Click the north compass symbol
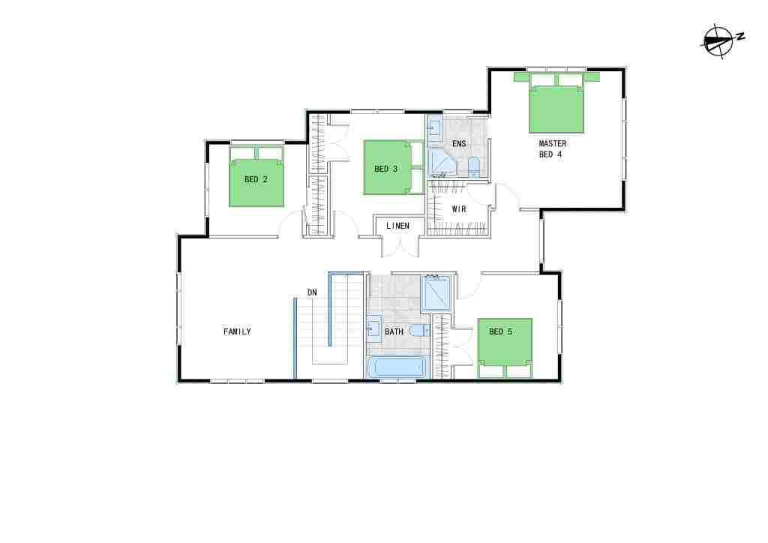tap(721, 41)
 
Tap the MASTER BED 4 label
tap(553, 148)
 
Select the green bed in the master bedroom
tap(556, 103)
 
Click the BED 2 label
tap(256, 180)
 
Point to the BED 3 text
tap(386, 169)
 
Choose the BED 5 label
tap(500, 332)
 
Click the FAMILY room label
tap(237, 332)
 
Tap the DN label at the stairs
tap(312, 292)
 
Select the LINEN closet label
tap(397, 226)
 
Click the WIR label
tap(459, 209)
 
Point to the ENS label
tap(459, 144)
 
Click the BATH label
tap(394, 332)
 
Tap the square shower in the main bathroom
tap(436, 293)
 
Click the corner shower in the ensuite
tap(442, 163)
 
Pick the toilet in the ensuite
tap(474, 167)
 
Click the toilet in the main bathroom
tap(418, 331)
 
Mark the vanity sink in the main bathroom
tap(374, 328)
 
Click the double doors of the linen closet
tap(400, 246)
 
